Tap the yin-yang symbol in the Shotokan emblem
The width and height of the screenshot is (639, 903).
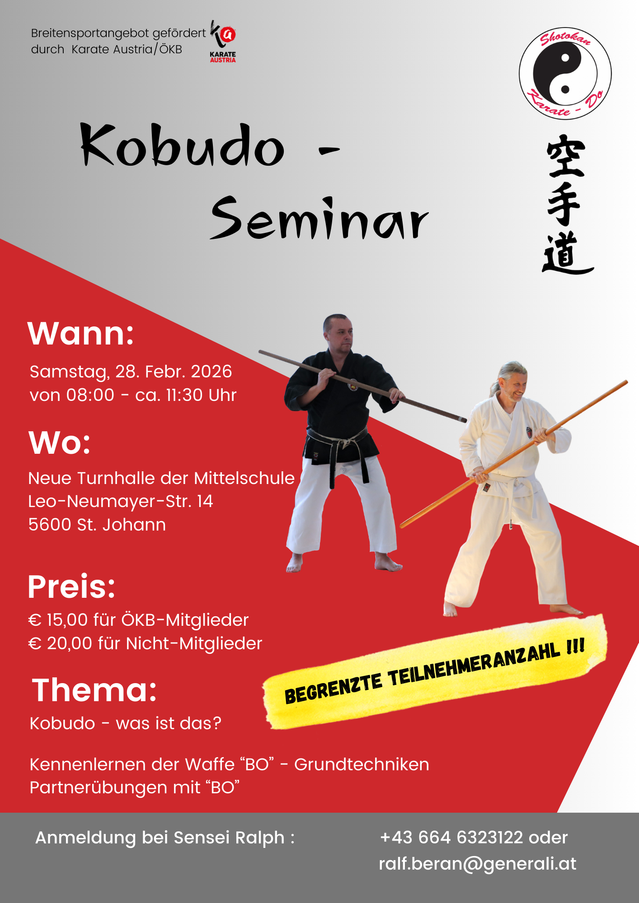[565, 74]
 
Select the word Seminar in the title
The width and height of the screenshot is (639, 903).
[319, 219]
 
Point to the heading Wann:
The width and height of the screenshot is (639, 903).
[81, 334]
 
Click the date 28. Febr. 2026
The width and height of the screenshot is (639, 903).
[174, 372]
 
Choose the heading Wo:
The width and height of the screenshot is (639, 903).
[60, 442]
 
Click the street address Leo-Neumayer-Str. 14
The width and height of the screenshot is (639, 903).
[121, 501]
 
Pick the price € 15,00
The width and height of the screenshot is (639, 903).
[58, 620]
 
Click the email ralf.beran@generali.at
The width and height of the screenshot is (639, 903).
[478, 864]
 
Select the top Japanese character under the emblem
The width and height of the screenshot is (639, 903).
[566, 156]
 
